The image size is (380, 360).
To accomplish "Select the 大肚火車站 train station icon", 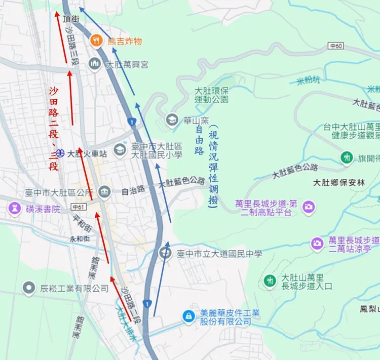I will tap(60, 152).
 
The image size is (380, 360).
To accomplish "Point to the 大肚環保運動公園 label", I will tap(211, 95).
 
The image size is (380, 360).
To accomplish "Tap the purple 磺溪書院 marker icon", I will tap(14, 208).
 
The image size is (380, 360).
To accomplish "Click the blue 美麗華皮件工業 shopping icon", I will tap(188, 316).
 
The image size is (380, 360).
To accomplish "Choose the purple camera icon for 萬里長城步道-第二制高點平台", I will tap(308, 207).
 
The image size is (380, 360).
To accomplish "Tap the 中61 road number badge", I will tap(78, 207).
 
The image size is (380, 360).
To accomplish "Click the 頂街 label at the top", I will tap(71, 19).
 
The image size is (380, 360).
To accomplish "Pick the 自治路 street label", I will tap(133, 191).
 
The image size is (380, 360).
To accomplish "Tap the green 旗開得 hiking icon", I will tap(347, 157).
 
